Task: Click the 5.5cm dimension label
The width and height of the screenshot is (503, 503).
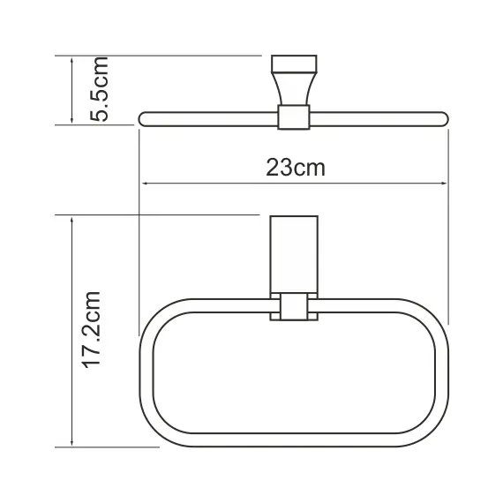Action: [99, 89]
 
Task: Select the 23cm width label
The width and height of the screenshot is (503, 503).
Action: [296, 167]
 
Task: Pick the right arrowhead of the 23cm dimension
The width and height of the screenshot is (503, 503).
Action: [444, 184]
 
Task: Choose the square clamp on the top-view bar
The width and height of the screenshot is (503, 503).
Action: [295, 116]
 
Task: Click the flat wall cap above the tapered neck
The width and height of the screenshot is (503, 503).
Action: [295, 64]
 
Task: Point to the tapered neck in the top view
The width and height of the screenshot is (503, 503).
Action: [295, 88]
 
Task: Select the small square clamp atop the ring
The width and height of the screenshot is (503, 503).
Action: [294, 308]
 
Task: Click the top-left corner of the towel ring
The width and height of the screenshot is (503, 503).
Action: [160, 314]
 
